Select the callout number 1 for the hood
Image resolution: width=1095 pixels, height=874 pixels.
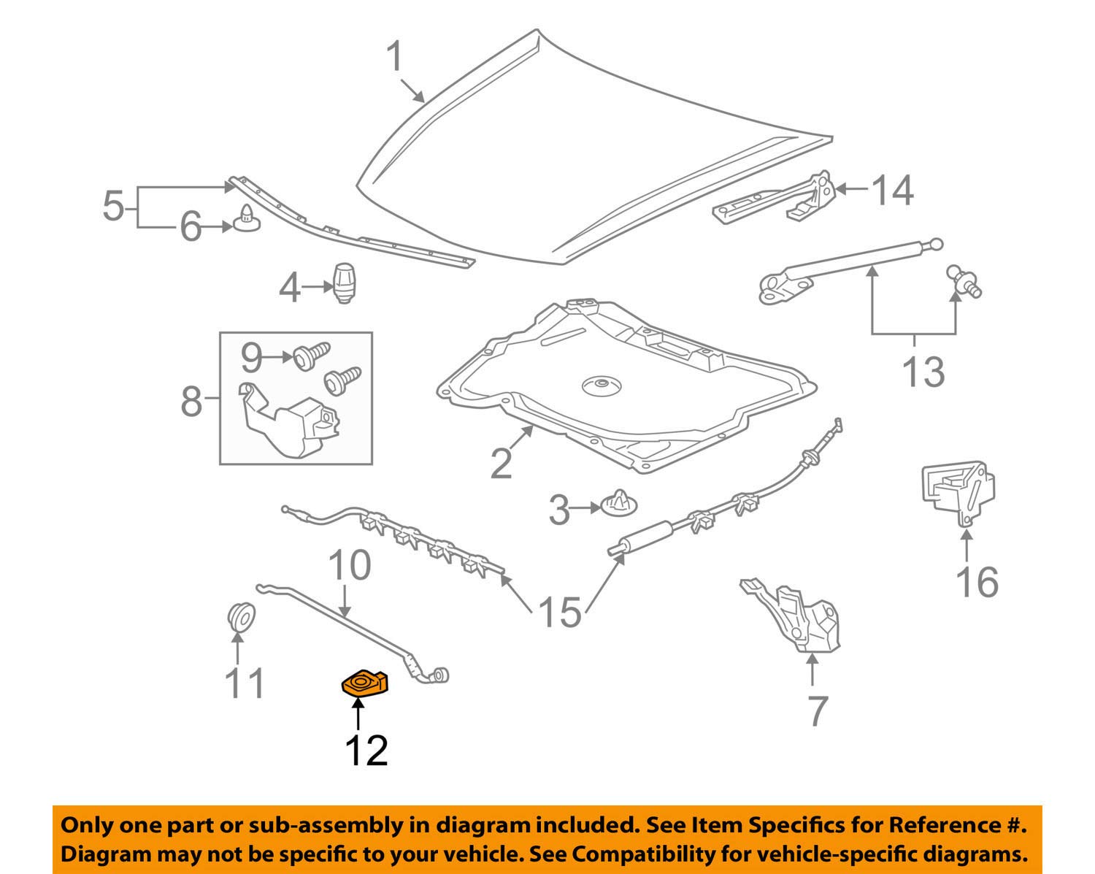(395, 57)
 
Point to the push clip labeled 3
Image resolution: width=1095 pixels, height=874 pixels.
(619, 505)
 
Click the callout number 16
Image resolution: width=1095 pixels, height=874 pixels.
(977, 582)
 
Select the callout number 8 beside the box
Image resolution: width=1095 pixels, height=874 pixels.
(191, 401)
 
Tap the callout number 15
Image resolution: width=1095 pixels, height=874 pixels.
(559, 612)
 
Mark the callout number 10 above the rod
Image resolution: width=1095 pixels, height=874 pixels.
(349, 566)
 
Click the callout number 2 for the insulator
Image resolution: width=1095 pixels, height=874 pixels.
(501, 463)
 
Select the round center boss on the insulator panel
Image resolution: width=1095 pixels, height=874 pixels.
(600, 386)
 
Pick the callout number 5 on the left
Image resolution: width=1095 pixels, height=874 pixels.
(114, 207)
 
